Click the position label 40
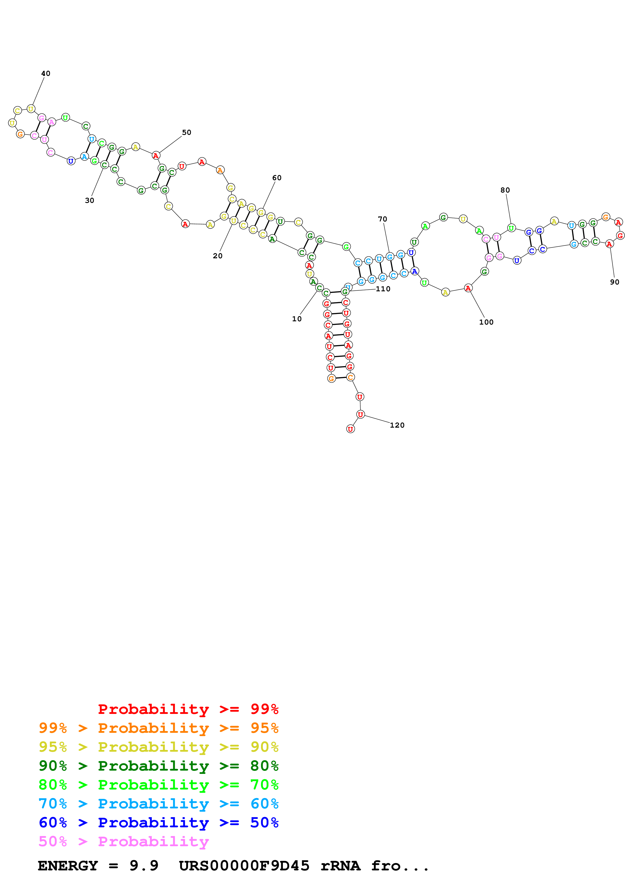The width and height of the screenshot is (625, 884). (x=45, y=74)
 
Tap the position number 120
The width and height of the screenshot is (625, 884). (x=397, y=425)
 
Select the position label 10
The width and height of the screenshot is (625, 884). (x=296, y=319)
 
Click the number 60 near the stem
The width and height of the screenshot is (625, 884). (x=277, y=178)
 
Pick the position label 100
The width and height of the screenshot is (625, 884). (x=486, y=322)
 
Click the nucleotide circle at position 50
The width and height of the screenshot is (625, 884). (x=156, y=155)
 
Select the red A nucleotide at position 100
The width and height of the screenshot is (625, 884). (x=468, y=288)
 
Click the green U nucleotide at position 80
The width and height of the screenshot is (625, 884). (x=511, y=228)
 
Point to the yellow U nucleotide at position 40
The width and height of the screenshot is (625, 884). (x=31, y=109)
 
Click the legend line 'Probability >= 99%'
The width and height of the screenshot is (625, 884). (x=188, y=709)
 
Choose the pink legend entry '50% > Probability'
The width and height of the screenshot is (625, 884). (x=123, y=842)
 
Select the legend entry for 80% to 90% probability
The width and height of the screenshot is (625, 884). (x=158, y=766)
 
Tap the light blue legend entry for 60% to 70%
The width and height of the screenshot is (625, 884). (x=158, y=804)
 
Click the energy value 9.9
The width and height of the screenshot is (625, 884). (x=144, y=866)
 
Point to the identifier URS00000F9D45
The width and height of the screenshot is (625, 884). (x=244, y=866)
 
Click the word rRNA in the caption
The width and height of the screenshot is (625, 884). (x=340, y=866)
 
